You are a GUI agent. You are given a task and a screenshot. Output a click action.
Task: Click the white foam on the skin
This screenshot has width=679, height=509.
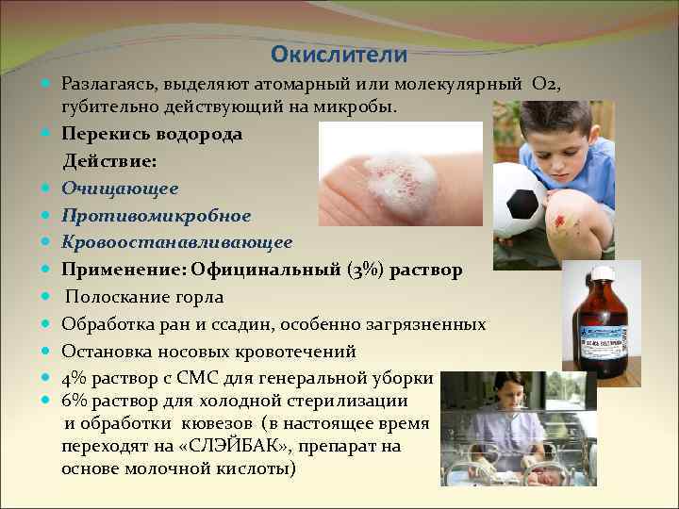pyautogui.click(x=400, y=179)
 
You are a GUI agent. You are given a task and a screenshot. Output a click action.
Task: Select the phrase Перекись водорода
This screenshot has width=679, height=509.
pyautogui.click(x=152, y=134)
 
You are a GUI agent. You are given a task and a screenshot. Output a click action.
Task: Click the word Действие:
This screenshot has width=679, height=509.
pyautogui.click(x=109, y=161)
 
